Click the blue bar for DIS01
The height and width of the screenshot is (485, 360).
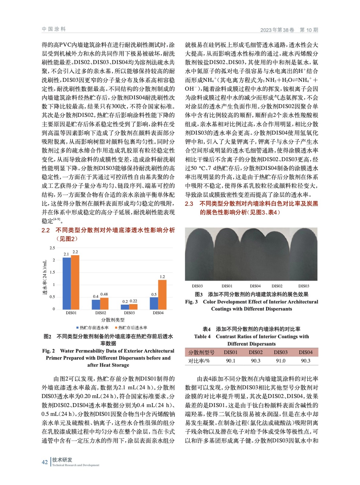click(x=67, y=283)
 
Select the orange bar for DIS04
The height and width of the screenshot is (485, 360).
click(x=162, y=294)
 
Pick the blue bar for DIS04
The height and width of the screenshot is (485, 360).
click(x=154, y=303)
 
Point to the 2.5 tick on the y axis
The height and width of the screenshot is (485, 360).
click(x=52, y=248)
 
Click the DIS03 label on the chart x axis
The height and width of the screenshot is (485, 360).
click(x=129, y=313)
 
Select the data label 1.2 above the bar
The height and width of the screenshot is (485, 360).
click(x=162, y=277)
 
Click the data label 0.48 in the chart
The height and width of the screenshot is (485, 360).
click(x=104, y=294)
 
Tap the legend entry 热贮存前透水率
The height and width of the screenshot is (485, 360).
click(x=93, y=328)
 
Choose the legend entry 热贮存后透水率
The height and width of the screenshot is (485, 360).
click(x=131, y=328)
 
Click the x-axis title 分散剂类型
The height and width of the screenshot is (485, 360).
click(x=113, y=320)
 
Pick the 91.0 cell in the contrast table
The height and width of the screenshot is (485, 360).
click(x=281, y=361)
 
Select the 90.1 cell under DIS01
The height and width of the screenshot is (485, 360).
click(x=230, y=361)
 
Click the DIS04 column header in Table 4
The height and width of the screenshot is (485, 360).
click(x=305, y=352)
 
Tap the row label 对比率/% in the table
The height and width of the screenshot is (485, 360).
click(x=199, y=361)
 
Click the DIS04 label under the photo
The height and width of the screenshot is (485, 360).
click(x=255, y=286)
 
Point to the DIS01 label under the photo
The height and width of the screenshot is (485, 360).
click(x=227, y=286)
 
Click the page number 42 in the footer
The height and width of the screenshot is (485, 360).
click(x=45, y=462)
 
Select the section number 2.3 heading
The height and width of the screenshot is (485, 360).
click(x=189, y=204)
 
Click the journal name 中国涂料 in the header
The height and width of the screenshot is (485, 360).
click(x=54, y=29)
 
